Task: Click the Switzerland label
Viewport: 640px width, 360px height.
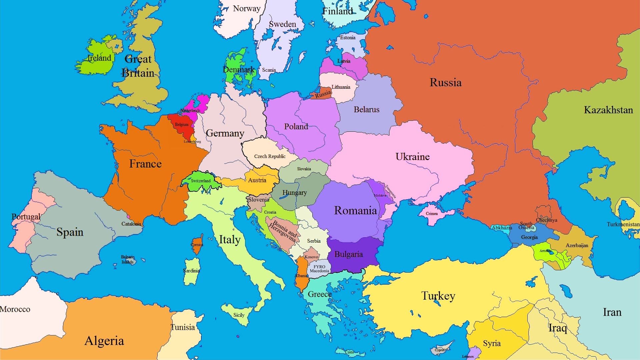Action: tap(201, 181)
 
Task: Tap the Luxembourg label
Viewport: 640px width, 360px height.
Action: tap(192, 142)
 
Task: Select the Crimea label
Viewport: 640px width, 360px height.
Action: tap(432, 214)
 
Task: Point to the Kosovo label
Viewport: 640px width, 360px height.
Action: tap(312, 257)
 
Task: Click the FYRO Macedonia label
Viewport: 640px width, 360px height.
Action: tap(319, 269)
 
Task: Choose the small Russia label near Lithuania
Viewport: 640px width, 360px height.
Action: tap(323, 94)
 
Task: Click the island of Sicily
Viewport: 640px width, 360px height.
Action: tap(238, 314)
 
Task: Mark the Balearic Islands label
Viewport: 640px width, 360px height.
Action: tap(127, 259)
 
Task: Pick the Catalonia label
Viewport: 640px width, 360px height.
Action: tap(131, 224)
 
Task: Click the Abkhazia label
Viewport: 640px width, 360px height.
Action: tap(502, 228)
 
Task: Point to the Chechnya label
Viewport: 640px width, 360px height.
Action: tap(546, 220)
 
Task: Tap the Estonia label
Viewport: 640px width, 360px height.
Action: tap(348, 38)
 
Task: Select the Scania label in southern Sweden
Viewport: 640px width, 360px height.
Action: tap(269, 70)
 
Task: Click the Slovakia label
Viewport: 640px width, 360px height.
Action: tap(304, 169)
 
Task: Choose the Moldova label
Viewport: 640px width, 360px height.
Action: tap(380, 195)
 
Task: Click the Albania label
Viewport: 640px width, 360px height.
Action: tap(301, 276)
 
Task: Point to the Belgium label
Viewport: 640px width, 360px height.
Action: tap(182, 125)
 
